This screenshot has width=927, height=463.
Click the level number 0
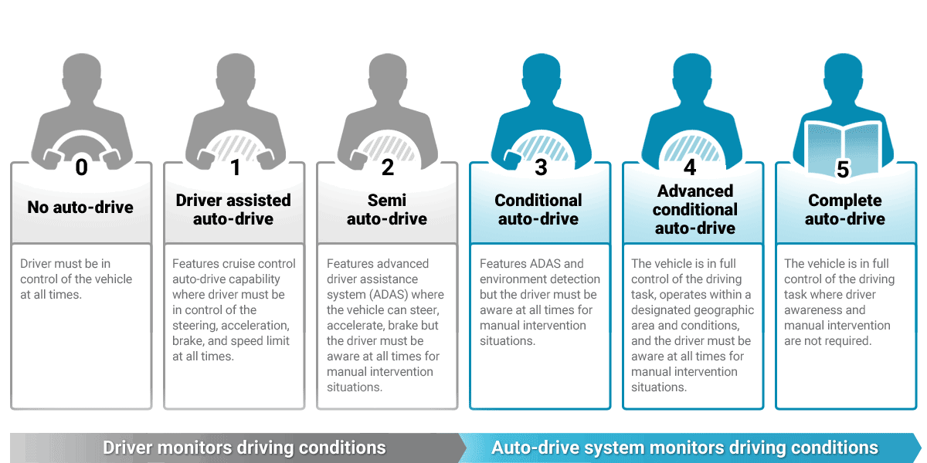[81, 167]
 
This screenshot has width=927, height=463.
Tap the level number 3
[541, 167]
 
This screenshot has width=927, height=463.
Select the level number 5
[843, 169]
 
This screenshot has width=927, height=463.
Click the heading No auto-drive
[80, 207]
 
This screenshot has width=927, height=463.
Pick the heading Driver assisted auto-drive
[233, 209]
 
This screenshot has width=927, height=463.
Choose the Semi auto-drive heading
[387, 209]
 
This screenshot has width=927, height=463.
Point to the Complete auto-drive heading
[845, 209]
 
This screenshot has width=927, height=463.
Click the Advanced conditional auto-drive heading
[694, 209]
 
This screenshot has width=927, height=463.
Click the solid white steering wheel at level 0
[81, 141]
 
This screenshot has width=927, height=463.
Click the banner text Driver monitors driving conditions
[244, 448]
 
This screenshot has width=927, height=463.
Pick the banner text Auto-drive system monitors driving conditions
[684, 448]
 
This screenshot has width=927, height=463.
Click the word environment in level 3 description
[512, 279]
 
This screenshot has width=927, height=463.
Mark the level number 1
[235, 167]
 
